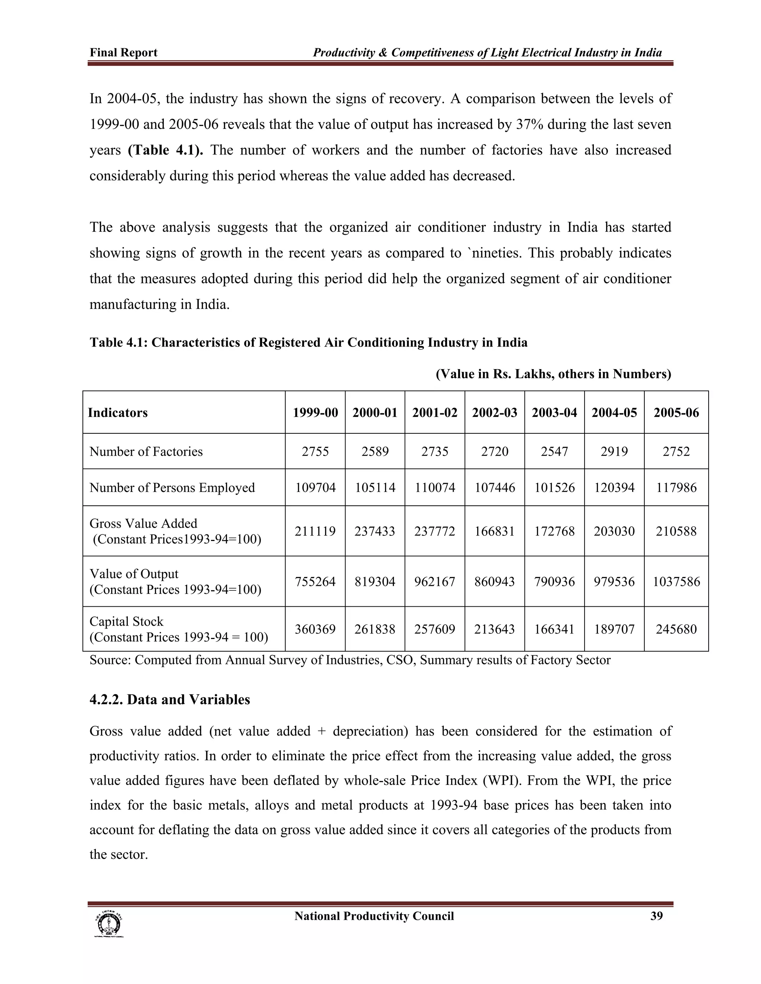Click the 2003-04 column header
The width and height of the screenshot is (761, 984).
[554, 413]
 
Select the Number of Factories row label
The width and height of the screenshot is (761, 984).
[146, 452]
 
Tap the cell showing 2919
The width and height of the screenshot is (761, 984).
[614, 452]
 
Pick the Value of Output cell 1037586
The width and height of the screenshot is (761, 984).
[676, 581]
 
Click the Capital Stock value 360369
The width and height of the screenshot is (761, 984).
[315, 629]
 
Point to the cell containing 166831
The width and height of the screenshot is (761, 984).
[495, 531]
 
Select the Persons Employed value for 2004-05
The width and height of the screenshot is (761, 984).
[614, 488]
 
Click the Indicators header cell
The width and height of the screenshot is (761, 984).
[118, 413]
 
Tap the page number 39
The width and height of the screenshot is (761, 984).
[657, 916]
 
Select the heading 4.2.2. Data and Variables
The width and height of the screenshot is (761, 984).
[169, 700]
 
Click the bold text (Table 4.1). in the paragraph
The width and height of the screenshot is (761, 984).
[165, 150]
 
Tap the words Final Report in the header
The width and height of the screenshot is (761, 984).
[123, 53]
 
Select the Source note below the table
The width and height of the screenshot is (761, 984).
[350, 660]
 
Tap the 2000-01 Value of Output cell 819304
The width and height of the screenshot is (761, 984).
[375, 581]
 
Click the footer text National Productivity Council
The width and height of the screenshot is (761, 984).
[374, 916]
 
